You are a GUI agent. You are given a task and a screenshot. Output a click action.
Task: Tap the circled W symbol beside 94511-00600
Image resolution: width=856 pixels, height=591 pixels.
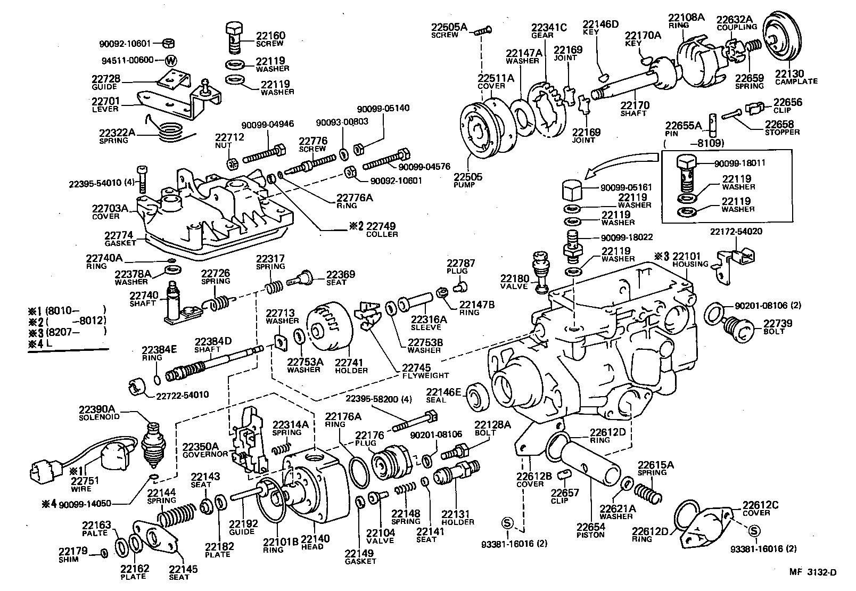point(171,60)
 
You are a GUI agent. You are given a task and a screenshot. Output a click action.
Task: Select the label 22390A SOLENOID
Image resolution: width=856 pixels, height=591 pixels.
point(101,413)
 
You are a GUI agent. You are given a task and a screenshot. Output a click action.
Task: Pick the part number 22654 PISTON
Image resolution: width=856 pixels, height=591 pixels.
point(590,528)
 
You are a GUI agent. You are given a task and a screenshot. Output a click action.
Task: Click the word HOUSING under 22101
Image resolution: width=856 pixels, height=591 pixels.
point(690,264)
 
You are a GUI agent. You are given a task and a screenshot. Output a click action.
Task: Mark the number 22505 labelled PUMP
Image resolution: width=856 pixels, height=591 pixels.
point(468,177)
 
